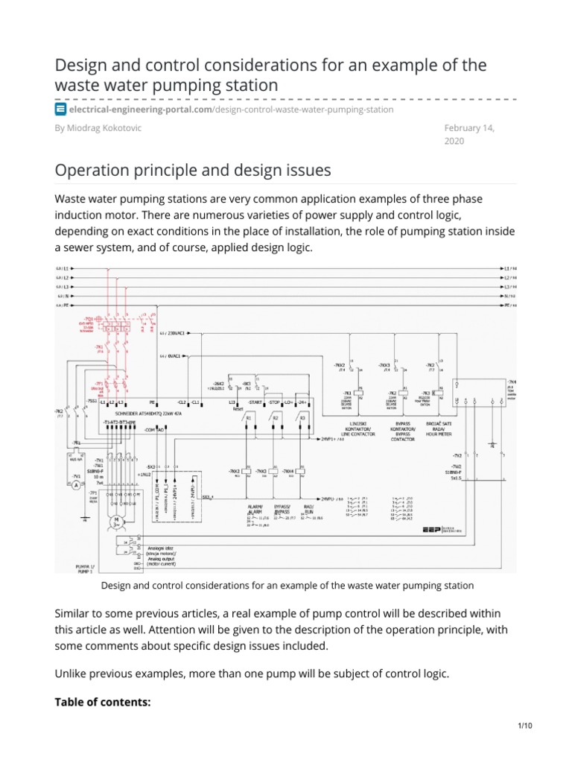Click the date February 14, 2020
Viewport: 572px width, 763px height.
(468, 134)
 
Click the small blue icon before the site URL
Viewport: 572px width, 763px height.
(61, 110)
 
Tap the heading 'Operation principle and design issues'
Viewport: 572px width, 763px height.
(193, 170)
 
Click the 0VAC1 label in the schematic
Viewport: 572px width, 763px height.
(174, 358)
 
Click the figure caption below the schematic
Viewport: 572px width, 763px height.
(287, 586)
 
